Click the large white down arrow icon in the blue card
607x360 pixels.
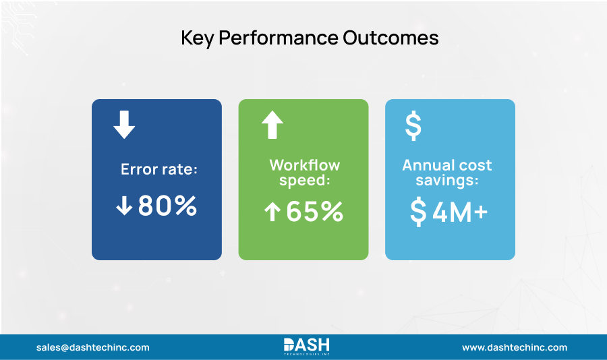click(x=124, y=125)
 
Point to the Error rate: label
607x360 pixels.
click(x=159, y=169)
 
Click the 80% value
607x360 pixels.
click(x=167, y=206)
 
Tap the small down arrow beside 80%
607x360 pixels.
click(x=124, y=207)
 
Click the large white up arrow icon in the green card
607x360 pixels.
click(x=272, y=125)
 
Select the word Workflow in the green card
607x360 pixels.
click(x=305, y=165)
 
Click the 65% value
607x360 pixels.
click(x=315, y=212)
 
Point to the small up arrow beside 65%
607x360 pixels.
click(x=272, y=212)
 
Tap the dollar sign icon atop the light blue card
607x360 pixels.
click(x=413, y=126)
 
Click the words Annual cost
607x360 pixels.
click(x=447, y=165)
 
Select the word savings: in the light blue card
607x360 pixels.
click(x=447, y=180)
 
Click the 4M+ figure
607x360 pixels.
click(x=460, y=212)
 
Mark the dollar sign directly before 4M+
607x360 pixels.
click(x=418, y=212)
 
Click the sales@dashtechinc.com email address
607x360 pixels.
click(x=93, y=348)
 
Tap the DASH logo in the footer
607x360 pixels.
click(x=306, y=347)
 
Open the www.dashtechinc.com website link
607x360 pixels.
click(x=515, y=348)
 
